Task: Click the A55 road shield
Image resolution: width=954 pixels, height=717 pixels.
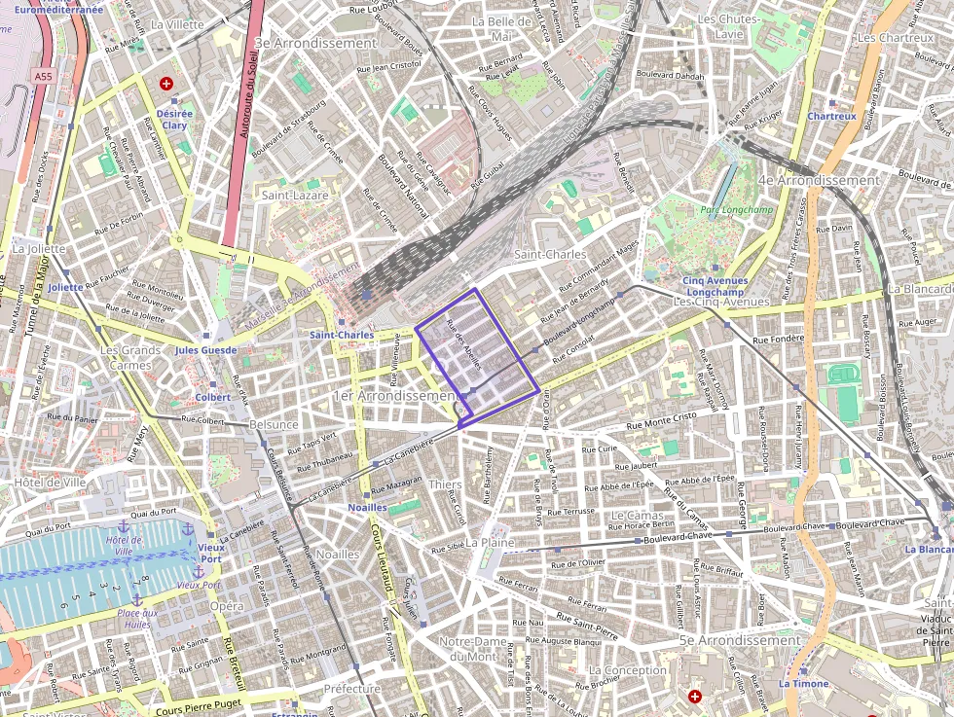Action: point(43,76)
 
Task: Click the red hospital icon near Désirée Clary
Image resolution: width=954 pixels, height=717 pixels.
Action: point(166,84)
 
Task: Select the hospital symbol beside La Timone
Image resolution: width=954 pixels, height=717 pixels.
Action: point(695,697)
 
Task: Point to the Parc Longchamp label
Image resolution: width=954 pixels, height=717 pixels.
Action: point(728,209)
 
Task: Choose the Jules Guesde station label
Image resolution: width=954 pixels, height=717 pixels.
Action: point(205,350)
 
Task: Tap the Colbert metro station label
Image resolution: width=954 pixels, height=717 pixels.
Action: point(213,397)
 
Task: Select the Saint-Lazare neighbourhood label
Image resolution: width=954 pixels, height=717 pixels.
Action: point(295,195)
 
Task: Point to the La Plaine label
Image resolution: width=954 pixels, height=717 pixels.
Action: point(488,541)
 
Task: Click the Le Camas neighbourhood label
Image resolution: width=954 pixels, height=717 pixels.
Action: point(637,514)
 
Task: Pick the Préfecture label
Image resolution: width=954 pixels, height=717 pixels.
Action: point(351,688)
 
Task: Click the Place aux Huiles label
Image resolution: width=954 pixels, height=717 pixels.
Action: point(137,619)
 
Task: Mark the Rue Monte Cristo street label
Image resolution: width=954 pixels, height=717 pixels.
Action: point(662,420)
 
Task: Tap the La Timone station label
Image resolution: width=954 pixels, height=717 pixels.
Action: point(803,683)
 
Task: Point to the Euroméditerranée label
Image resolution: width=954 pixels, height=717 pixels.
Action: point(58,10)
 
